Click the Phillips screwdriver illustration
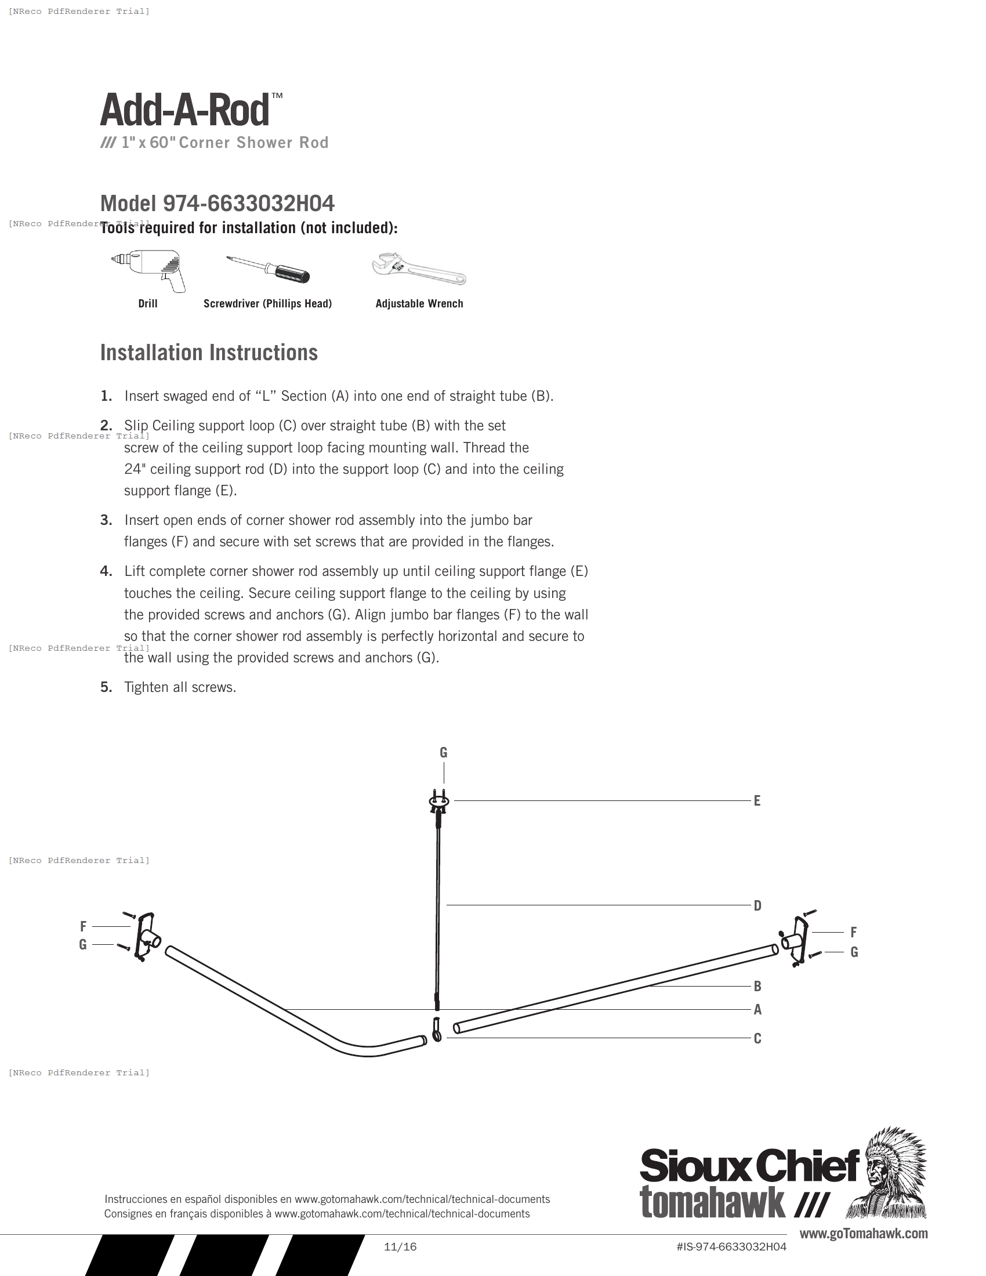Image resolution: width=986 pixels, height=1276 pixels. (269, 269)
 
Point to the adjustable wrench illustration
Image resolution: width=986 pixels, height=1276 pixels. (418, 269)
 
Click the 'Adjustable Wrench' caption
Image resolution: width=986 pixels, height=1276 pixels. (419, 304)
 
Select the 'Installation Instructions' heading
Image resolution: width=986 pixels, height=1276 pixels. (209, 353)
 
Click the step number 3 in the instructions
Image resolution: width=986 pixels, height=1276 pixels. (106, 520)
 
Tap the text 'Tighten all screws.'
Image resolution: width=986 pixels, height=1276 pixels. (180, 687)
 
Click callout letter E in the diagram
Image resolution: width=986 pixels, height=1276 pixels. (757, 801)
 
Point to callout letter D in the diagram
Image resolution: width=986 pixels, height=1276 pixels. (757, 905)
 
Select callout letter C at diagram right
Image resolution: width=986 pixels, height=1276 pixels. (757, 1038)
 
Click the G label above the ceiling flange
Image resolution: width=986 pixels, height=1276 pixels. (443, 752)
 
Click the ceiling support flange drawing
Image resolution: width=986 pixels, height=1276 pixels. (438, 802)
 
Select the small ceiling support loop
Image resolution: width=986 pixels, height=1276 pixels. (436, 1029)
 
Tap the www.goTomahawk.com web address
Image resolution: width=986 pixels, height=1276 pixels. (864, 1233)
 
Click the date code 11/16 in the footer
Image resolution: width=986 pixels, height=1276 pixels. (400, 1247)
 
